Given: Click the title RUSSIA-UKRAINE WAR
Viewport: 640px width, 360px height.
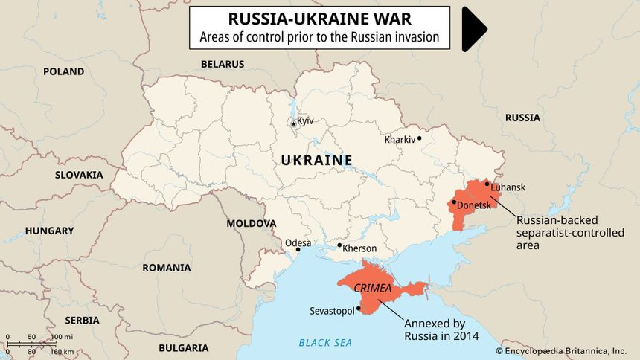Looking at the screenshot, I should coord(319,19).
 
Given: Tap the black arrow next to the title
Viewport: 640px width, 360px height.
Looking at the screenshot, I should coord(474,29).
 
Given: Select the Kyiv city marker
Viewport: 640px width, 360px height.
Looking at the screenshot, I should coord(294,123).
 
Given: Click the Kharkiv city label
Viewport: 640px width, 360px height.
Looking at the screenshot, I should coord(400,139).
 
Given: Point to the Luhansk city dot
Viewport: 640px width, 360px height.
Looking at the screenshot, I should coord(487,183).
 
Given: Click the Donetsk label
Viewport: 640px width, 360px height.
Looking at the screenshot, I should coord(474,205).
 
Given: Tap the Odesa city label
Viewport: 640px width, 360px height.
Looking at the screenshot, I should coord(298,242).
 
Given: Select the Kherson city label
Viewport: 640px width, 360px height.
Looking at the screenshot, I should coord(359,248).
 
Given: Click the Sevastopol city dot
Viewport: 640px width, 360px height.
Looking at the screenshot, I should coord(359,308).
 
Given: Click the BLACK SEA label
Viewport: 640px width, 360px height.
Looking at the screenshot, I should coord(325,343).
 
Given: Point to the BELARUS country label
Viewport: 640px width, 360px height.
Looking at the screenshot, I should coord(223,65).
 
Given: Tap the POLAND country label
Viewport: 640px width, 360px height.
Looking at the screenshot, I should coord(63,71).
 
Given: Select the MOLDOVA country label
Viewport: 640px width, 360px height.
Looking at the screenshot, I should coord(252,223).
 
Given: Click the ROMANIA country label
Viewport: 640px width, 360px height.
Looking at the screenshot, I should coord(167,267).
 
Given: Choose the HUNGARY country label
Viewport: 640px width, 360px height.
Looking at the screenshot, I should coord(49,231).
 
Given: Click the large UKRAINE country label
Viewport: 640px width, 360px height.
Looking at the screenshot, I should coord(316,160).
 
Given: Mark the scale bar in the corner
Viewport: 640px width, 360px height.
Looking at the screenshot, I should coord(41,344).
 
